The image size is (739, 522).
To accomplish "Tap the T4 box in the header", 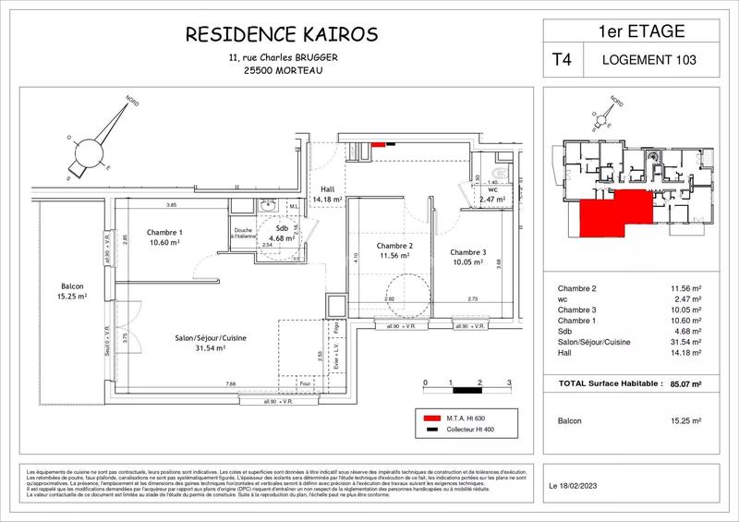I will coord(562,60).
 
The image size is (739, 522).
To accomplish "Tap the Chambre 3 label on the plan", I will coord(468,252).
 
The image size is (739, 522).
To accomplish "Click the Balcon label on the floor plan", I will coord(67,285).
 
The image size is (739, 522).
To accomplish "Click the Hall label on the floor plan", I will coord(327,188).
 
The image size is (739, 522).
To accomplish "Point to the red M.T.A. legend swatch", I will coord(430,417).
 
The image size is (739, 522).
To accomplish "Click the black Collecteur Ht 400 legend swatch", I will coord(430,431).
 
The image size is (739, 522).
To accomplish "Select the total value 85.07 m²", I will coord(683,382).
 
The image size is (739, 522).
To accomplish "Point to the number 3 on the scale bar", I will coord(509,382).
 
